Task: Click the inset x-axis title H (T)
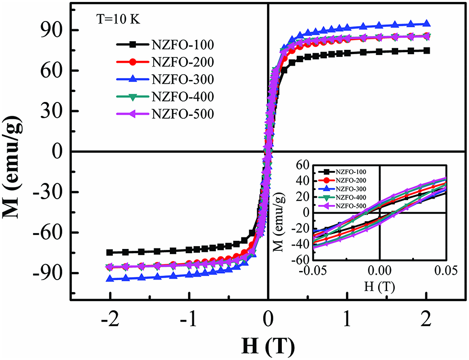(x=379, y=288)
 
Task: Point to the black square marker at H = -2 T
(x=110, y=252)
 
